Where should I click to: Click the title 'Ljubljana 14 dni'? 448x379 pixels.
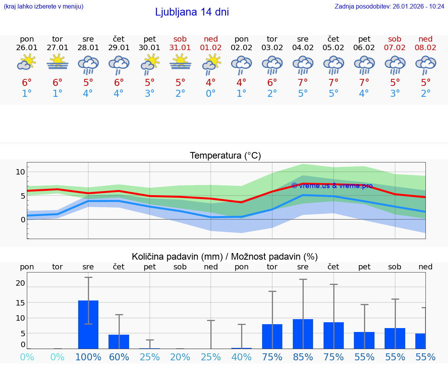(x=192, y=12)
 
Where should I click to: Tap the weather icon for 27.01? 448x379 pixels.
(x=58, y=62)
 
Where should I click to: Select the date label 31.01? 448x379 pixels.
(x=180, y=47)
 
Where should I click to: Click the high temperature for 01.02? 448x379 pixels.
(x=211, y=83)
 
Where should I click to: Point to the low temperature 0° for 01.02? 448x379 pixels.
(x=211, y=94)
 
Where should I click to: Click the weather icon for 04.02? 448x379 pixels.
(x=303, y=65)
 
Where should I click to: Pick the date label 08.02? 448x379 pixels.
(x=425, y=47)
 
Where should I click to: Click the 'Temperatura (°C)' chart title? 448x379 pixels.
(x=225, y=156)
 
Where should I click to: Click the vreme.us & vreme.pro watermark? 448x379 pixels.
(x=332, y=186)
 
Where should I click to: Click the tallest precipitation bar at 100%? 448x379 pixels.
(x=88, y=325)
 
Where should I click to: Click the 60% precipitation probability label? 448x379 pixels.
(x=119, y=357)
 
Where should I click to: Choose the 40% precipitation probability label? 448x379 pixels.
(x=241, y=357)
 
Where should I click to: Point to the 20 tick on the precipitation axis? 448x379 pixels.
(x=20, y=283)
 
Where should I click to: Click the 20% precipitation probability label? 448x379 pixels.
(x=180, y=357)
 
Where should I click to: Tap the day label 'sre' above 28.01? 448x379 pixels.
(x=88, y=39)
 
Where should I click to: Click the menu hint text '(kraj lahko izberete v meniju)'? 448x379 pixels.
(x=44, y=6)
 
